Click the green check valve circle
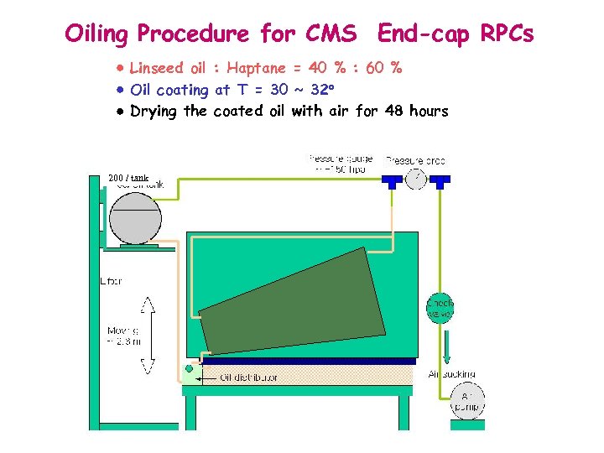[440, 307]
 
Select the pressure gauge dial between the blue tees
[415, 177]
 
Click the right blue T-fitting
[440, 180]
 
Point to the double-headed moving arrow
[148, 334]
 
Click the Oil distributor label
[248, 377]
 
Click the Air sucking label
[452, 373]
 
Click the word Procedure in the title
[194, 34]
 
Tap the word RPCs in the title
[507, 34]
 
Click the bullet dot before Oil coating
[121, 89]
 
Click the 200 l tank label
[128, 178]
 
